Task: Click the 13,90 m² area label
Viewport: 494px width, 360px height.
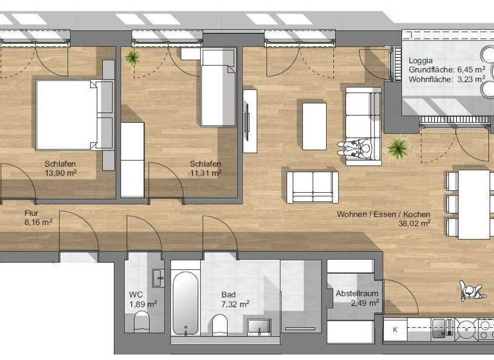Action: pyautogui.click(x=61, y=173)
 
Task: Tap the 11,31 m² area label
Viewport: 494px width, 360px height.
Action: pyautogui.click(x=205, y=173)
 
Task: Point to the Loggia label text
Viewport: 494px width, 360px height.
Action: pyautogui.click(x=421, y=60)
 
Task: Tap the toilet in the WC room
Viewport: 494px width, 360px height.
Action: pyautogui.click(x=141, y=321)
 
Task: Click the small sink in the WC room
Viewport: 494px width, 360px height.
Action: pyautogui.click(x=158, y=278)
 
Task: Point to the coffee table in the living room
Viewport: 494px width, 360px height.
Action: pyautogui.click(x=315, y=125)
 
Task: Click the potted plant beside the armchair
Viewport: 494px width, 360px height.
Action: pyautogui.click(x=398, y=149)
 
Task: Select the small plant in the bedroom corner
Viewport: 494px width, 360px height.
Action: pyautogui.click(x=133, y=59)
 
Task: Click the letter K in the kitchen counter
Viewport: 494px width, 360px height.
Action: pyautogui.click(x=395, y=330)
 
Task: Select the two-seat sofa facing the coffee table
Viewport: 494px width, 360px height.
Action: pyautogui.click(x=312, y=186)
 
